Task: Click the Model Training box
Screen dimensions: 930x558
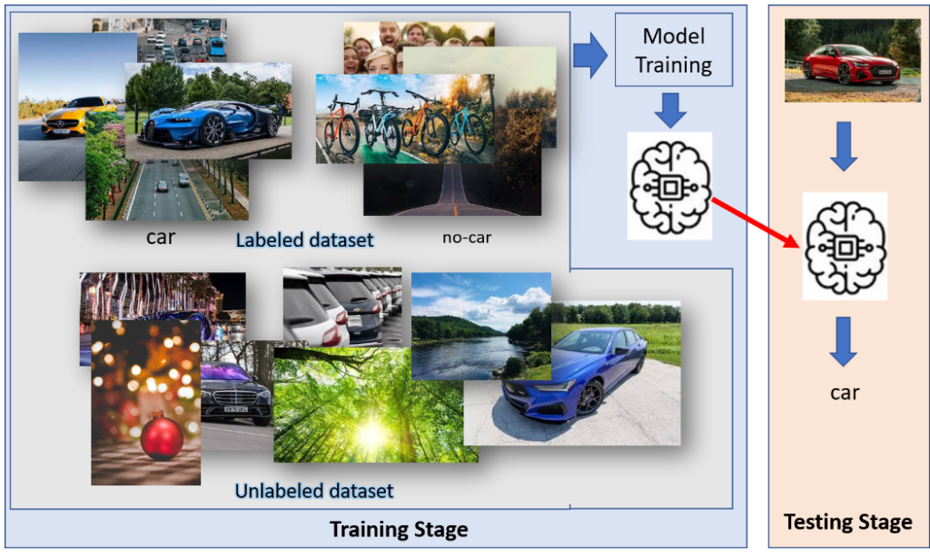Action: [x=673, y=50]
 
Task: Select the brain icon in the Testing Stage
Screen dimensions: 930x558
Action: [x=845, y=247]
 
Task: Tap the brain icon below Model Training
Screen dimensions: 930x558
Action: [x=669, y=185]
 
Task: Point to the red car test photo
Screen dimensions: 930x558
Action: [x=852, y=60]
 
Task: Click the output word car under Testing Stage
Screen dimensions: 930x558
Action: [x=845, y=392]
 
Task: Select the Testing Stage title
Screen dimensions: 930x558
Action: [x=847, y=522]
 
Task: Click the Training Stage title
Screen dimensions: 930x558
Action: [x=399, y=529]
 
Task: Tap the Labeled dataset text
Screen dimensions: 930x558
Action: [x=304, y=240]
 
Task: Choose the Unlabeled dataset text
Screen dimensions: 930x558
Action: [x=313, y=491]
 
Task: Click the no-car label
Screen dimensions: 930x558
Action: [x=467, y=238]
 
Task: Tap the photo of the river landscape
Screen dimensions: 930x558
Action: [x=481, y=326]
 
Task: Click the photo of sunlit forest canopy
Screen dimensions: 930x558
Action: [x=375, y=406]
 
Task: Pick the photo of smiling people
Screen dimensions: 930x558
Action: [x=419, y=47]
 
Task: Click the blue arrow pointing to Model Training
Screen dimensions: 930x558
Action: [x=590, y=55]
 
